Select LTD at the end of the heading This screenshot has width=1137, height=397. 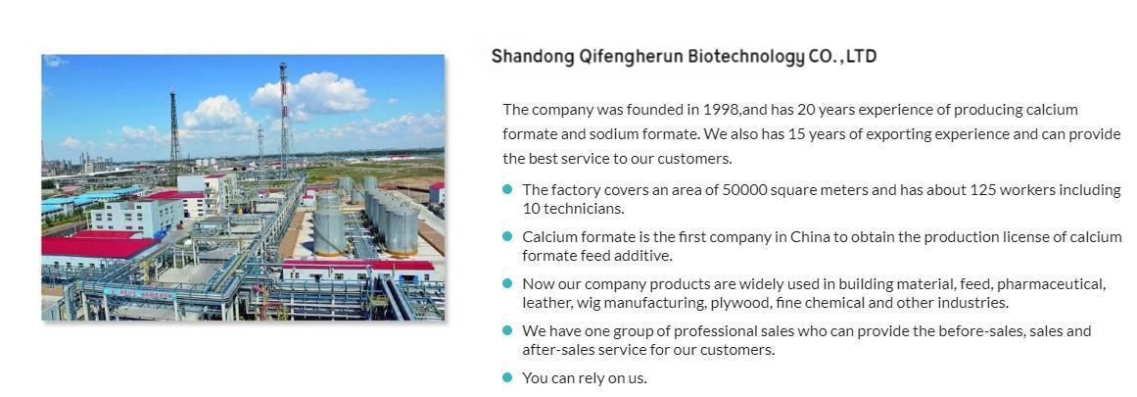pos(862,56)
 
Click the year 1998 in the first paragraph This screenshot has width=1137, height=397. pos(721,110)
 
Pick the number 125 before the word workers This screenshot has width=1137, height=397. pos(982,190)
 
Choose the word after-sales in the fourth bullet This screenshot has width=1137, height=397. pos(556,350)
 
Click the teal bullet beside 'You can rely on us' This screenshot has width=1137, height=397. pos(507,377)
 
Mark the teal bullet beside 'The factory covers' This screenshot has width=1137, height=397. pos(507,189)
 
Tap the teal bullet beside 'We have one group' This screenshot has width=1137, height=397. pos(507,331)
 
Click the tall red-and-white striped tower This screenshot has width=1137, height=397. pos(284,120)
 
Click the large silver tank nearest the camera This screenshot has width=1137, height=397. pos(328,228)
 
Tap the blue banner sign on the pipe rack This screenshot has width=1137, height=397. pos(139,293)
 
